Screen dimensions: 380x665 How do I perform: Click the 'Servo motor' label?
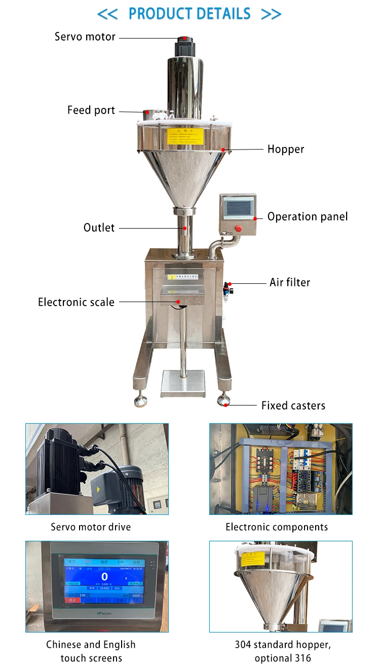pyautogui.click(x=85, y=37)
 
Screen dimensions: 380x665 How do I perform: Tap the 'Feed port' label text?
pyautogui.click(x=91, y=110)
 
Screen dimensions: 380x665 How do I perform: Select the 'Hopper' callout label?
pyautogui.click(x=286, y=149)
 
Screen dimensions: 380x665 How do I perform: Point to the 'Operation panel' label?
pyautogui.click(x=308, y=217)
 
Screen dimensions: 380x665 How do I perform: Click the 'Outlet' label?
pyautogui.click(x=99, y=228)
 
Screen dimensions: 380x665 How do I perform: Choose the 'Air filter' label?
pyautogui.click(x=289, y=282)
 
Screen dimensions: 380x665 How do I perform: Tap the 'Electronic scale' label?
pyautogui.click(x=76, y=302)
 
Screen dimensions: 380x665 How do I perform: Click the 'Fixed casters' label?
pyautogui.click(x=293, y=405)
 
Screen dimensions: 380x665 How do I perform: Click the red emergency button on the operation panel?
pyautogui.click(x=238, y=228)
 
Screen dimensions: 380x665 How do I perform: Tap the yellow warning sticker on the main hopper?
pyautogui.click(x=185, y=135)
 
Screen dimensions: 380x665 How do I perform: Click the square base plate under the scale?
pyautogui.click(x=182, y=383)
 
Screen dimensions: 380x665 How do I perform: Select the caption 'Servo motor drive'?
pyautogui.click(x=91, y=527)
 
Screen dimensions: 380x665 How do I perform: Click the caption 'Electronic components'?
pyautogui.click(x=277, y=527)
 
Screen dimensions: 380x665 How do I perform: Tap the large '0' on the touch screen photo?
pyautogui.click(x=104, y=577)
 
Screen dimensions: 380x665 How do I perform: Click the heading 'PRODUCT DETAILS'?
pyautogui.click(x=189, y=14)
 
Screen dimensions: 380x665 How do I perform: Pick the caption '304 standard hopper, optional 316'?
pyautogui.click(x=282, y=651)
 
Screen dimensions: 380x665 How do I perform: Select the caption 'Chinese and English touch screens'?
pyautogui.click(x=91, y=651)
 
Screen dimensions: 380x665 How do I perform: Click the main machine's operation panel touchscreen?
pyautogui.click(x=238, y=208)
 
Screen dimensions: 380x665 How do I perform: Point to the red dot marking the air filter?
pyautogui.click(x=230, y=284)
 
